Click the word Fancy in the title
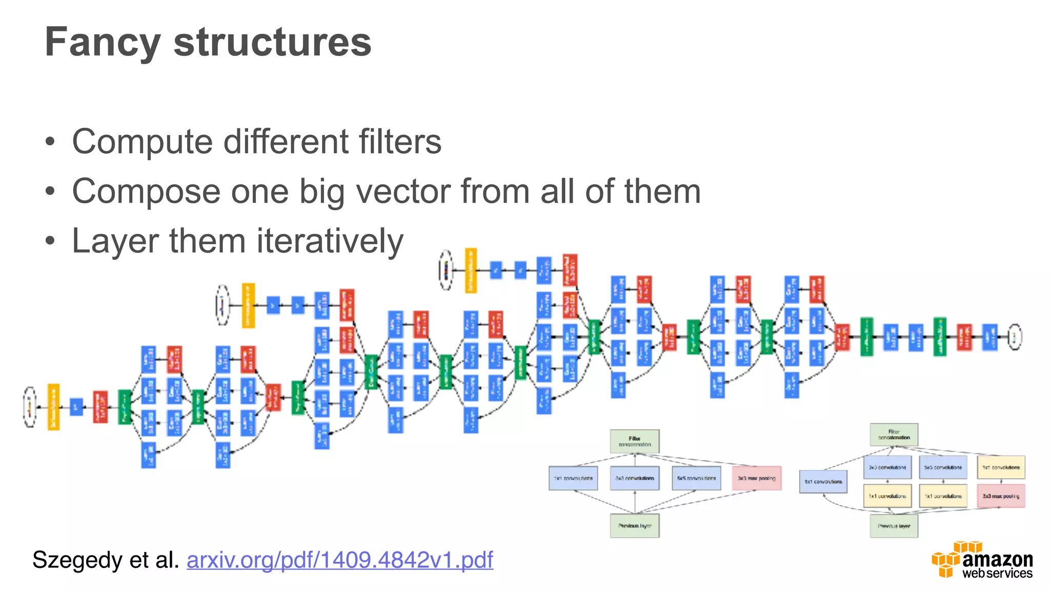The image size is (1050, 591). pos(103,42)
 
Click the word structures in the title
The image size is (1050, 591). pos(272,42)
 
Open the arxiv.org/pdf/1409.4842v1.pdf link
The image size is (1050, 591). pos(339,560)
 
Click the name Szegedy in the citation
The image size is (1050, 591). pos(76,560)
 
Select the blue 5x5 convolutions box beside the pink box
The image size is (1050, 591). pos(696,478)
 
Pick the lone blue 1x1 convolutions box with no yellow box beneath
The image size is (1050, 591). pos(823,482)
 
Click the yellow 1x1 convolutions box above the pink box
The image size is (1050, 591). pos(1001,467)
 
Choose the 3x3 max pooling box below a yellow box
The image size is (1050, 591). pos(1001,496)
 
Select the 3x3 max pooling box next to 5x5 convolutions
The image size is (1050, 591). pos(756,478)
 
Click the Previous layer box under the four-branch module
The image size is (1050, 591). pos(634,526)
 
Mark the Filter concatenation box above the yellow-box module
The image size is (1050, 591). pos(894,435)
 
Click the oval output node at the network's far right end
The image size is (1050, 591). pos(1015,337)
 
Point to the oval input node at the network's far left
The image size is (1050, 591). pos(30,407)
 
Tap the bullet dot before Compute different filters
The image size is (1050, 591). pos(50,142)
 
